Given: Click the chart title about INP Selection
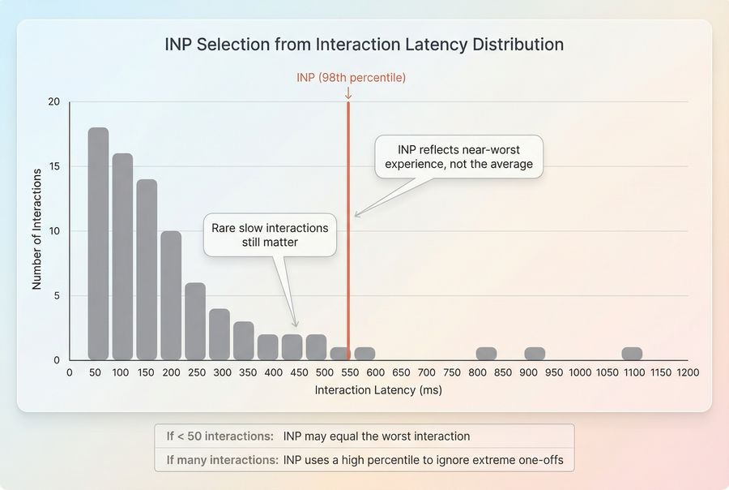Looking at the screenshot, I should click(x=364, y=45).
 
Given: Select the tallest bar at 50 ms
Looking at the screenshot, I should click(x=98, y=243).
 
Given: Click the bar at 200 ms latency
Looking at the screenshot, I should click(x=171, y=295).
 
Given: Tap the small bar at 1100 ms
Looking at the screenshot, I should click(x=632, y=354).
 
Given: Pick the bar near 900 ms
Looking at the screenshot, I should click(x=535, y=354).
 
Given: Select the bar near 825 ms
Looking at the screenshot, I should click(x=486, y=354).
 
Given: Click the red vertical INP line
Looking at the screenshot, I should click(x=348, y=243).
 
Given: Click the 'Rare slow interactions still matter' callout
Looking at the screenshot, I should click(x=270, y=235).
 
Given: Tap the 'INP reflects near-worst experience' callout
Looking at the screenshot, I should click(x=458, y=157).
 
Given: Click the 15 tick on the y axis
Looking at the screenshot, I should click(x=54, y=166).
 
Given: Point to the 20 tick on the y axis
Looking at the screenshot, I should click(x=54, y=101).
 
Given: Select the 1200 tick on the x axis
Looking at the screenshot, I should click(x=687, y=372).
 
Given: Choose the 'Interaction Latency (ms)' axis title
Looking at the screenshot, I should click(x=378, y=390).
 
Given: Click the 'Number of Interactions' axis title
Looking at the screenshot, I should click(x=36, y=229).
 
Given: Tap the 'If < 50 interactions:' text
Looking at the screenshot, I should click(x=215, y=436).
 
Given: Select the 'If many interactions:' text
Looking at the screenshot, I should click(x=222, y=460).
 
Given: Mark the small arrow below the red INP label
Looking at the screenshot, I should click(x=348, y=94).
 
